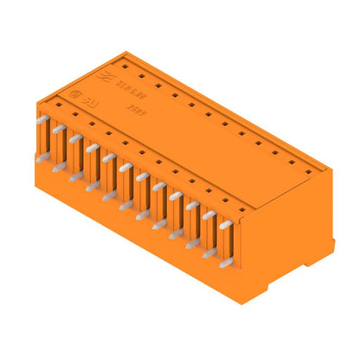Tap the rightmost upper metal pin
pyautogui.click(x=226, y=224)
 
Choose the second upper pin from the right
pyautogui.click(x=209, y=215)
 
